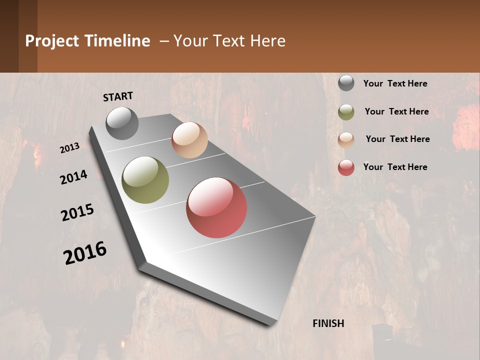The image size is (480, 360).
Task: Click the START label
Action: tap(118, 96)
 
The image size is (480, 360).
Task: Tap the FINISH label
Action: tap(328, 323)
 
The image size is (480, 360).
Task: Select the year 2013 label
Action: tap(70, 148)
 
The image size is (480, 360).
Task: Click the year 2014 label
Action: tap(73, 177)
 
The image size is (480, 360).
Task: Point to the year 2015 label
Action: tap(77, 212)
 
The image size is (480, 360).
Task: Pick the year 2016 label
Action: tap(85, 252)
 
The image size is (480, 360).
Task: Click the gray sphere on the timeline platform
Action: tap(122, 123)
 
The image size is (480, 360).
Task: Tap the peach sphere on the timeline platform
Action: tap(189, 140)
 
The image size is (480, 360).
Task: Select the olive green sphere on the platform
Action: tap(145, 180)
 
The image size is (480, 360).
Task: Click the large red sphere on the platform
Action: tap(216, 207)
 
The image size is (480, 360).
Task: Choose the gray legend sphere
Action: tap(346, 83)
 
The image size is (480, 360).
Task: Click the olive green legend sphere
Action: tap(346, 112)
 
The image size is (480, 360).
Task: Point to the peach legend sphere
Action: tap(346, 139)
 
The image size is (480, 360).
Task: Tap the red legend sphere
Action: tap(346, 167)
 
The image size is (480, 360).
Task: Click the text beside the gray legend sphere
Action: tap(395, 83)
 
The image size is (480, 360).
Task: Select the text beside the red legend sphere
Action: tap(395, 167)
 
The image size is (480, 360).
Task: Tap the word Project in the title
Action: tap(51, 41)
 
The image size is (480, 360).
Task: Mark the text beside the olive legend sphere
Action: tap(396, 111)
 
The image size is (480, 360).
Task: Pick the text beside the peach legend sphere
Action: tap(397, 139)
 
